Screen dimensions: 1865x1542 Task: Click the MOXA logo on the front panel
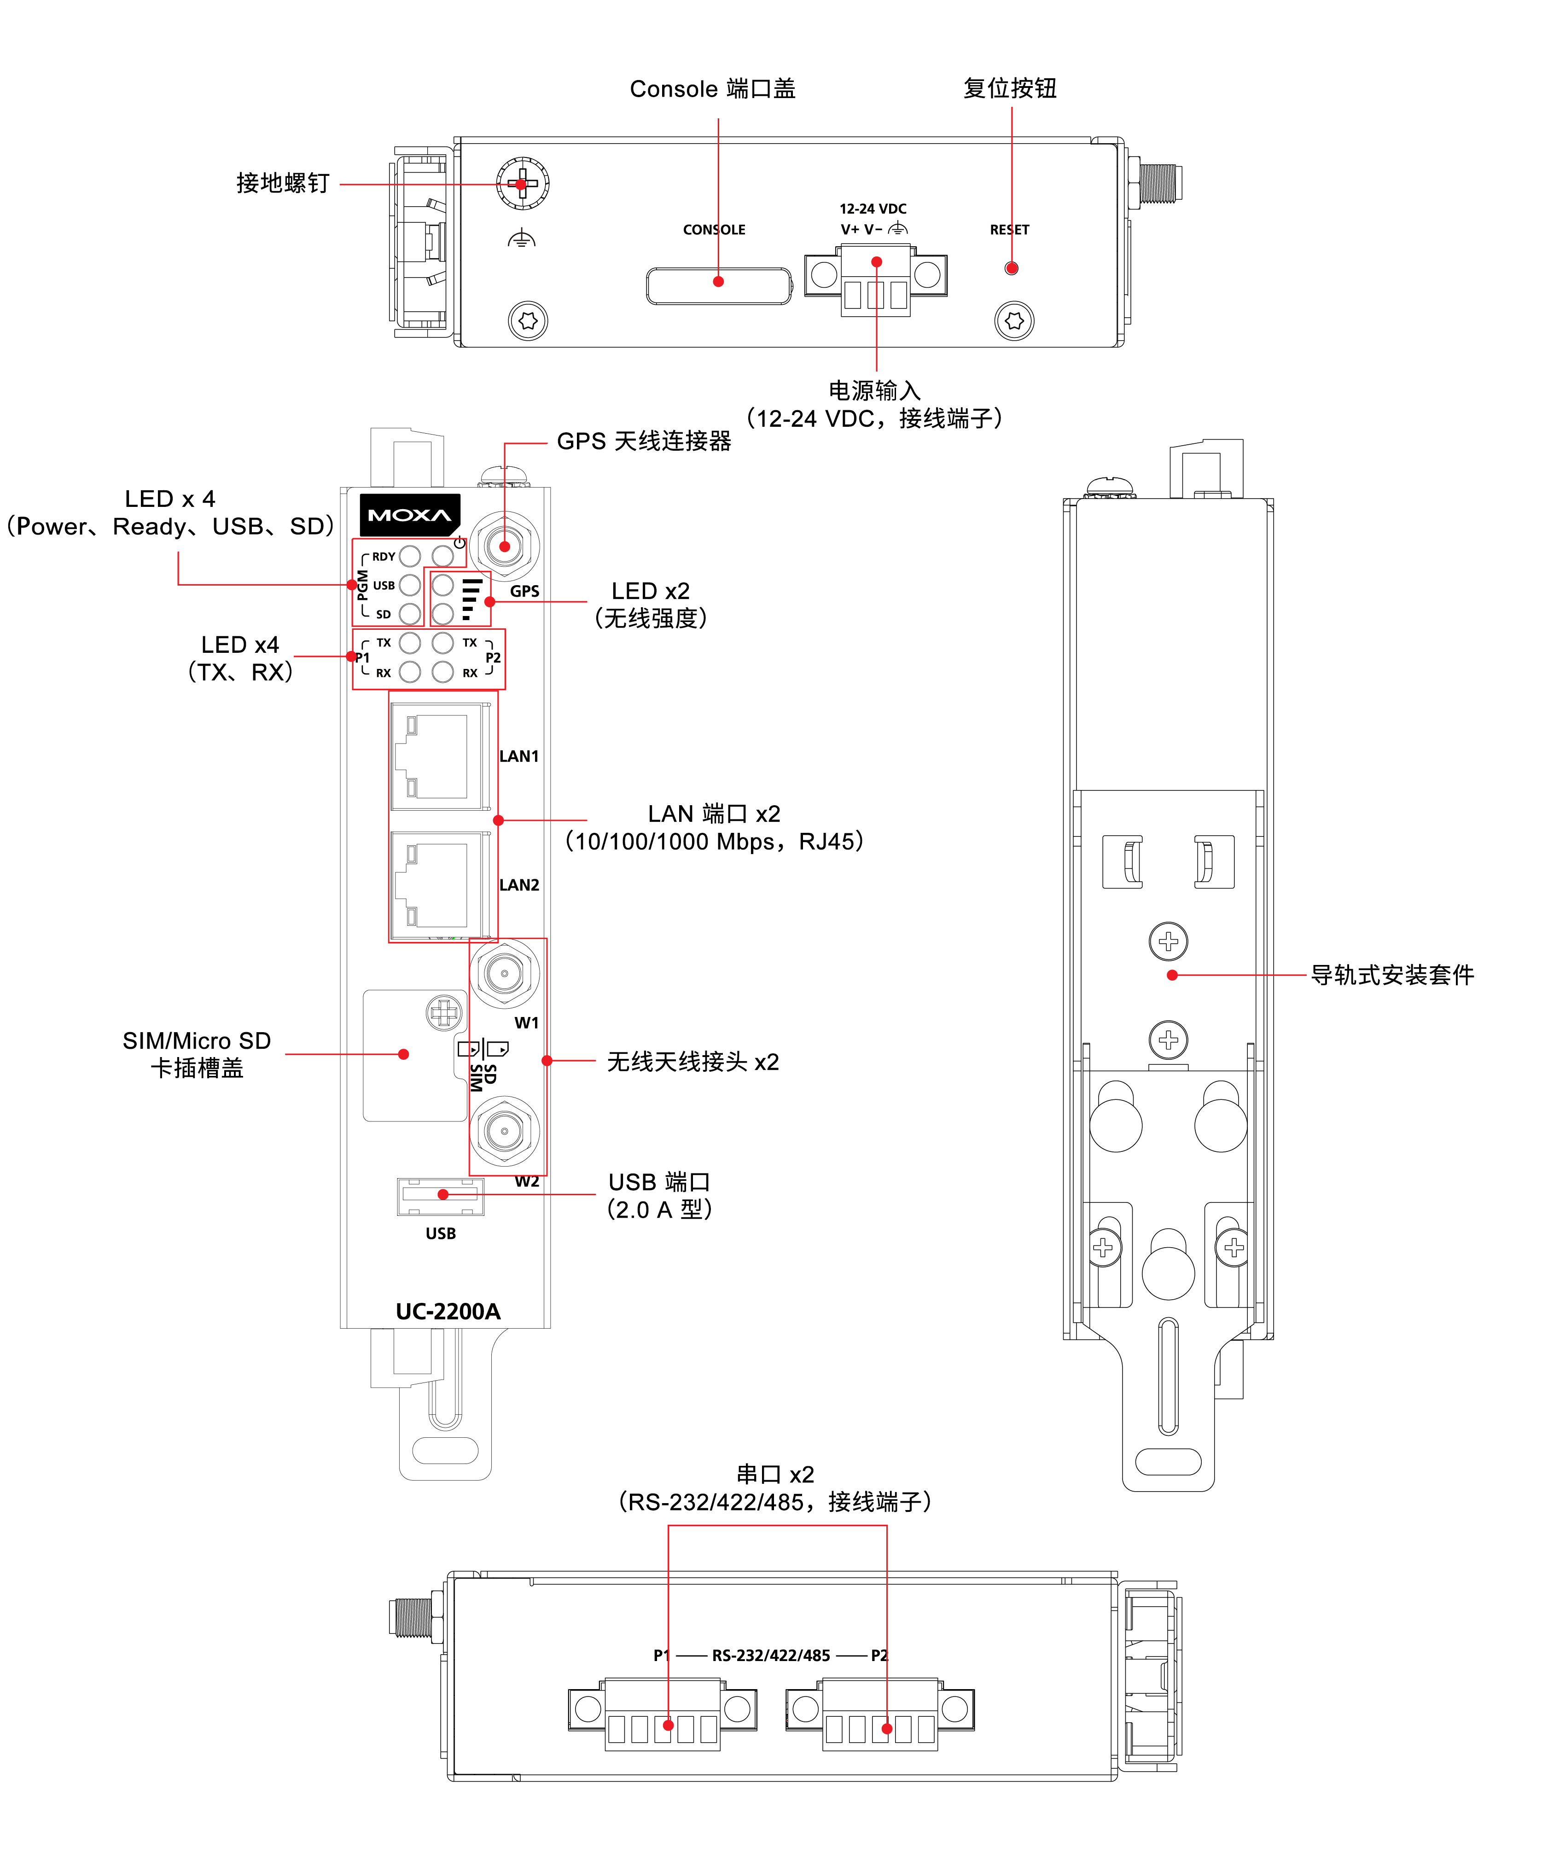pos(409,515)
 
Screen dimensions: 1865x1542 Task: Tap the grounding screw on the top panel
pos(522,184)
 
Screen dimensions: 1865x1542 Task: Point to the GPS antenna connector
pos(505,546)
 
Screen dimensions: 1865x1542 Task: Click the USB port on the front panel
pos(441,1195)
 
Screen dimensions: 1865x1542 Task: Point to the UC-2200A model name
pos(448,1312)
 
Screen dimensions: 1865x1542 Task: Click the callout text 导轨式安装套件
pos(1392,975)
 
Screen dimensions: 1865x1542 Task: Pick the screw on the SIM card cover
pos(444,1012)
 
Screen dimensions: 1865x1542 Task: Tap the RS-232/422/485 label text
pos(771,1656)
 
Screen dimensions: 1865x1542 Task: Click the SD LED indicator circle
pos(409,614)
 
